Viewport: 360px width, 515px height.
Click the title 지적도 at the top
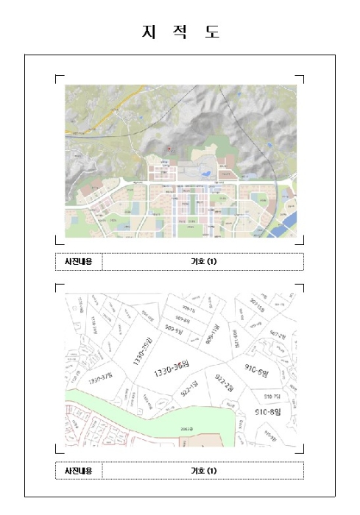pyautogui.click(x=180, y=33)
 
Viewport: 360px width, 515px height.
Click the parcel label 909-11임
pyautogui.click(x=212, y=333)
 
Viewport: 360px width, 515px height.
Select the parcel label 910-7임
pyautogui.click(x=272, y=397)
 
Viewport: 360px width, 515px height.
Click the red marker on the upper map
pyautogui.click(x=169, y=148)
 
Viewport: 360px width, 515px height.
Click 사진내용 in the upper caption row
pyautogui.click(x=78, y=261)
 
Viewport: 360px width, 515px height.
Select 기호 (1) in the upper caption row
pyautogui.click(x=202, y=261)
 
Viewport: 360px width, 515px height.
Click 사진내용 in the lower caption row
pyautogui.click(x=78, y=470)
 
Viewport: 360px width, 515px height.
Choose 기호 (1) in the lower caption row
pyautogui.click(x=202, y=470)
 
